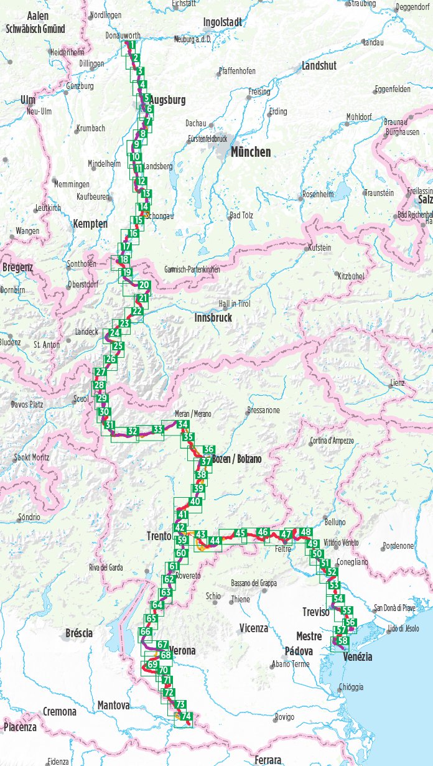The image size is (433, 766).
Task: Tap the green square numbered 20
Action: (x=144, y=286)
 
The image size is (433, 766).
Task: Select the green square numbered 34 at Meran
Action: (x=182, y=425)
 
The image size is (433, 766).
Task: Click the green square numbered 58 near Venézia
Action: (x=343, y=640)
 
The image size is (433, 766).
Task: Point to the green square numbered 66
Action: (x=146, y=632)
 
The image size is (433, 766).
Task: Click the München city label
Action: (x=251, y=152)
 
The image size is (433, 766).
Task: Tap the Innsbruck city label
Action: (x=213, y=317)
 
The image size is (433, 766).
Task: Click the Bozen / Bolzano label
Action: (x=236, y=459)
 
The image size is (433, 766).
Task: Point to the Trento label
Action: (x=159, y=535)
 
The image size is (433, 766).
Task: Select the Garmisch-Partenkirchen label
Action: (x=192, y=269)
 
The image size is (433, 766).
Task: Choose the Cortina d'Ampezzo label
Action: (x=331, y=441)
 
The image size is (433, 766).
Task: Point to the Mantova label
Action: (x=113, y=706)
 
